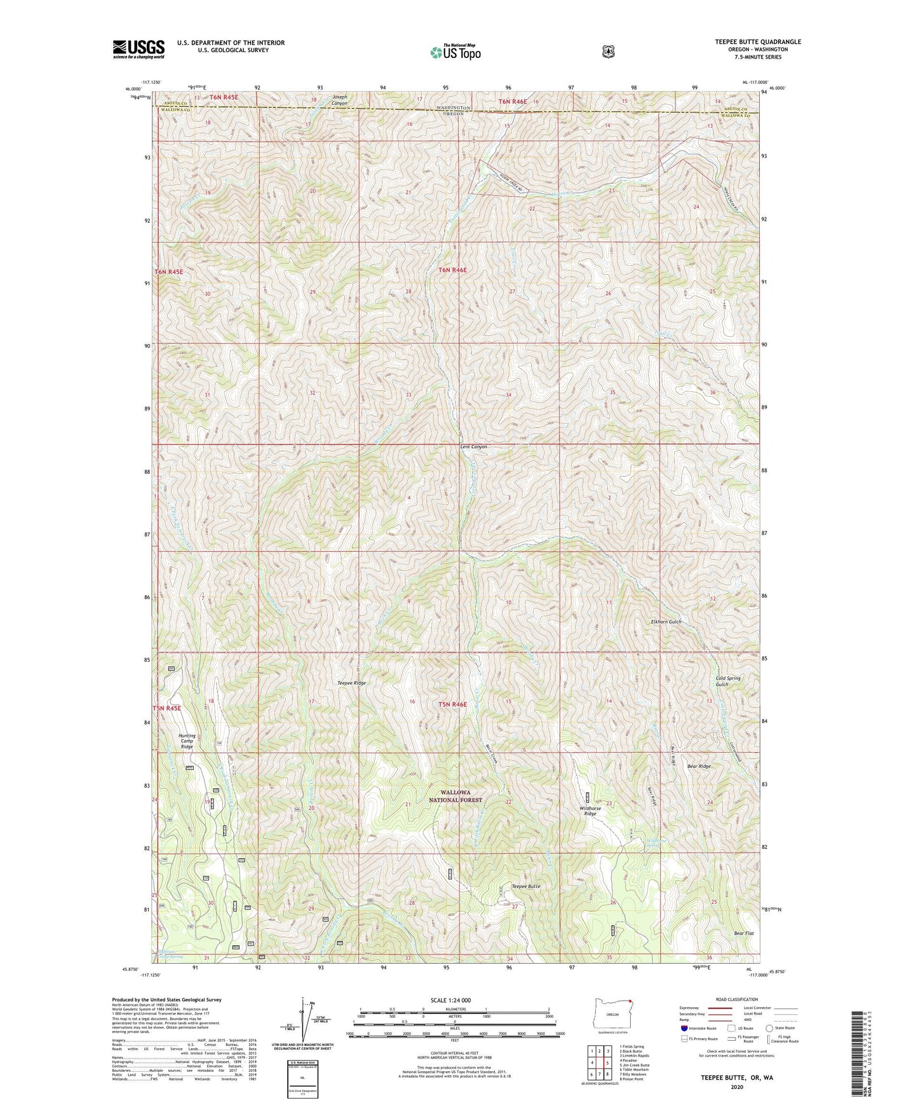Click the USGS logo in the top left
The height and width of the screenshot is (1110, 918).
point(138,48)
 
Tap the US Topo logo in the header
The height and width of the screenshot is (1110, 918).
point(455,51)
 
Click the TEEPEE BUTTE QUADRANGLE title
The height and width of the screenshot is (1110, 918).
point(748,42)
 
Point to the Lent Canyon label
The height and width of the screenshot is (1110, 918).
point(473,447)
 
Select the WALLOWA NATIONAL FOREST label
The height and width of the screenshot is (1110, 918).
point(455,796)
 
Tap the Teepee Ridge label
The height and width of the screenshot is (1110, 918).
point(351,683)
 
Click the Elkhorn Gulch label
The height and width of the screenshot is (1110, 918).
point(665,622)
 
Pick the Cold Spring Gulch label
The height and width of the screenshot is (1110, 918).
point(727,681)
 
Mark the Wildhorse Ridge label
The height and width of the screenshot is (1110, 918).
point(590,811)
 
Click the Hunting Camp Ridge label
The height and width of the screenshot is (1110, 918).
point(187,741)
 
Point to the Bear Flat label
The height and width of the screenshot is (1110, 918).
point(743,933)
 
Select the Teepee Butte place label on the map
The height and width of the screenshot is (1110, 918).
point(525,886)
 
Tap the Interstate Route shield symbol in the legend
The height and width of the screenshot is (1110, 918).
point(684,1028)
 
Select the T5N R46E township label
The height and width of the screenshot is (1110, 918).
point(452,704)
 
